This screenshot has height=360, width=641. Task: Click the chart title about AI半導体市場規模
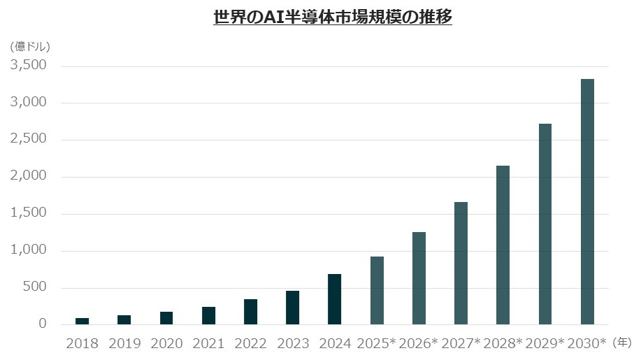[x=333, y=17]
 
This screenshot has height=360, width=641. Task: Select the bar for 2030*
[x=587, y=202]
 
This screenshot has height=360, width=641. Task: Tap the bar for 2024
[x=334, y=299]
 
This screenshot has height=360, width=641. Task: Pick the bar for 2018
[x=82, y=321]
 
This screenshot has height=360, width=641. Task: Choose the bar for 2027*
[x=461, y=263]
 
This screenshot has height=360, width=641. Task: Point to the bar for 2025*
[x=377, y=291]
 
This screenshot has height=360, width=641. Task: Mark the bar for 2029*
[x=545, y=224]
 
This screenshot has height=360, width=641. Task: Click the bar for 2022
[x=250, y=312]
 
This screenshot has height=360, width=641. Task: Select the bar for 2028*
[x=503, y=245]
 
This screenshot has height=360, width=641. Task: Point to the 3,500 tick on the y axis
[x=29, y=65]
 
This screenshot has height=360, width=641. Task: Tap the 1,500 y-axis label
[x=29, y=213]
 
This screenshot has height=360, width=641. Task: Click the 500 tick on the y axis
[x=35, y=287]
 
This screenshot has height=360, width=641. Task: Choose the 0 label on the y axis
[x=43, y=324]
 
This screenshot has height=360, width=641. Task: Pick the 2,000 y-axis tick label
[x=29, y=175]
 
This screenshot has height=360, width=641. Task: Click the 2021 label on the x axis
[x=208, y=344]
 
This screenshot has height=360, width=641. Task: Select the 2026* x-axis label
[x=418, y=344]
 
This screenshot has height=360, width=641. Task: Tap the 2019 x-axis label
[x=124, y=344]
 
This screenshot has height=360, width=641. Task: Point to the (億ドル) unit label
[x=30, y=47]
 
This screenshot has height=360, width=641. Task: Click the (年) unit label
[x=622, y=343]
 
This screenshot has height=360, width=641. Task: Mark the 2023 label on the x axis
[x=293, y=344]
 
